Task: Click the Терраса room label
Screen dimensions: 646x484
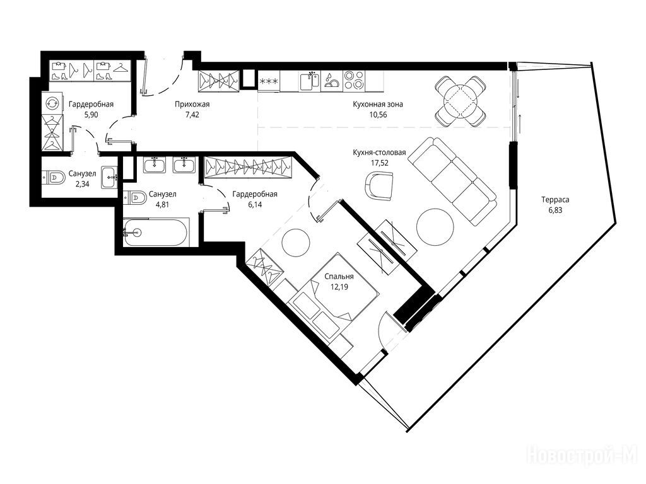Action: click(x=555, y=200)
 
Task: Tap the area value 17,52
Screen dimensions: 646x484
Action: click(x=379, y=163)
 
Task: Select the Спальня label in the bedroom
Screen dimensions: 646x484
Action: click(x=339, y=277)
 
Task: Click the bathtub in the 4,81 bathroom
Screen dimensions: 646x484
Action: click(x=156, y=232)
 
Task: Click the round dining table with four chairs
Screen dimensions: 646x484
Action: click(x=461, y=101)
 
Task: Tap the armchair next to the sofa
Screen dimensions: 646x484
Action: click(x=379, y=186)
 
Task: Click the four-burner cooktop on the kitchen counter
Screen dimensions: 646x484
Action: click(x=354, y=80)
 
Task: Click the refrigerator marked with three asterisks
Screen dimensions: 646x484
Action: click(x=269, y=81)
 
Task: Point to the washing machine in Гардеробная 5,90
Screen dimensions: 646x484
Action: click(x=52, y=103)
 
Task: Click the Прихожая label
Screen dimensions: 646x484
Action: click(x=192, y=105)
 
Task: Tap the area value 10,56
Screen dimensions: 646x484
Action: click(x=378, y=115)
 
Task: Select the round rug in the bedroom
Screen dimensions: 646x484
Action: click(x=296, y=243)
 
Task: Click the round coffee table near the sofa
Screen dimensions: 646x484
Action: click(x=435, y=227)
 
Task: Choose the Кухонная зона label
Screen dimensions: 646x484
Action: click(x=378, y=105)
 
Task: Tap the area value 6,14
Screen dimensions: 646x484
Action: click(x=255, y=205)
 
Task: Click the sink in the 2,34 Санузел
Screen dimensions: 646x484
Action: click(x=109, y=177)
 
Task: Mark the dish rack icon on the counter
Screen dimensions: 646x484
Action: click(x=331, y=80)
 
